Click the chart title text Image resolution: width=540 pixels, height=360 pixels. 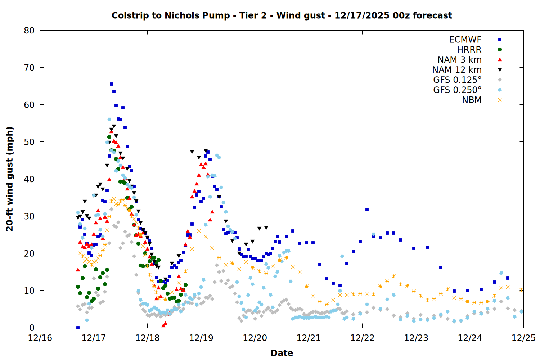coord(282,15)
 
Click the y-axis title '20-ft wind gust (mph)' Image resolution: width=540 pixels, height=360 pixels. coord(10,179)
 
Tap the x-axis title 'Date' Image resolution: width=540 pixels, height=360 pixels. coord(282,353)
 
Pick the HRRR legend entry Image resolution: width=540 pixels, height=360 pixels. coord(469,50)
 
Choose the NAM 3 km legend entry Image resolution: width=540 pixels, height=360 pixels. coord(459,60)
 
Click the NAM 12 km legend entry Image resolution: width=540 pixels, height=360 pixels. coord(457,70)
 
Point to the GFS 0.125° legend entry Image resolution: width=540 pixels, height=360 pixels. coord(457,80)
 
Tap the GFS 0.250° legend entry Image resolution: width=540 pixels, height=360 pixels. coord(457,90)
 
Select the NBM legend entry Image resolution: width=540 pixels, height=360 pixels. coord(472,100)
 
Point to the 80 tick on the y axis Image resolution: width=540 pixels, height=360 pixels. coord(30,31)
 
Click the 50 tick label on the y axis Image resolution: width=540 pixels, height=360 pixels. coord(30,142)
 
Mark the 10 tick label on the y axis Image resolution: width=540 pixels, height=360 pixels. coord(30,291)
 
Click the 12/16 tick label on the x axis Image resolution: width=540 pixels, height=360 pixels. coord(40,338)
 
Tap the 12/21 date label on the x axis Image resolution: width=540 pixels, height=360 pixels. coord(309,338)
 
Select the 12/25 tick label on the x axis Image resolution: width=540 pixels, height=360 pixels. coord(523,338)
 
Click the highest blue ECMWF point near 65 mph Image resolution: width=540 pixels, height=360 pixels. coord(111,84)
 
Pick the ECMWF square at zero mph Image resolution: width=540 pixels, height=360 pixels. coord(78,328)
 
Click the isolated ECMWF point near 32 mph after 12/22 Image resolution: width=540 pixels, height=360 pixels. coord(367,210)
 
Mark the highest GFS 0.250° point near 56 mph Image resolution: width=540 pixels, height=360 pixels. coord(109,119)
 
